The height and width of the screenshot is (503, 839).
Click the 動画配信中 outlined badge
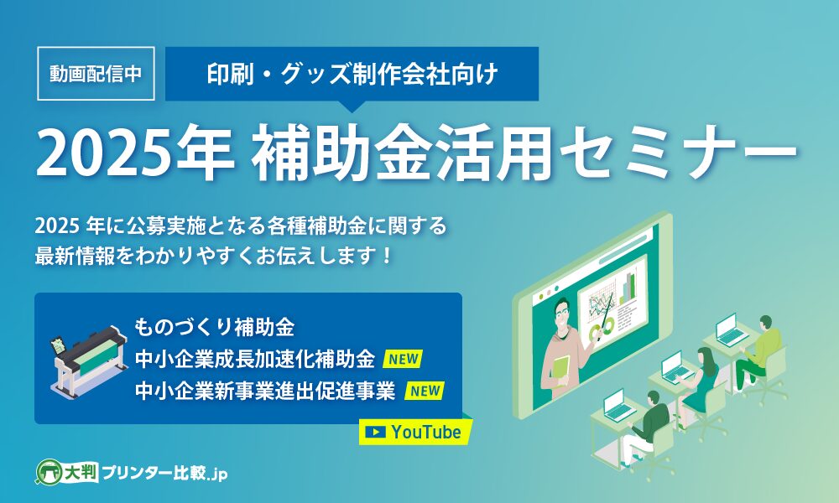[x=96, y=74]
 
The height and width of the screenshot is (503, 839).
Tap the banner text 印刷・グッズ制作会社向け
[x=352, y=74]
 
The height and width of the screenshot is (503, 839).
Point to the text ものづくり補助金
[x=214, y=327]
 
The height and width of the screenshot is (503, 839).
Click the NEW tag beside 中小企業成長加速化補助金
[x=403, y=359]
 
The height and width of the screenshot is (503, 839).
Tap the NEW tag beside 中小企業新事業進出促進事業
[x=425, y=391]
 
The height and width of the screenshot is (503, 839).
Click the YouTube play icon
[x=375, y=432]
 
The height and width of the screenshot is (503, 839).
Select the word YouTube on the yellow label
[x=426, y=432]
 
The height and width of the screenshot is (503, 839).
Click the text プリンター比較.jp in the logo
[x=164, y=473]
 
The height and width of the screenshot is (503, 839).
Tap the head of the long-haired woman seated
[x=705, y=357]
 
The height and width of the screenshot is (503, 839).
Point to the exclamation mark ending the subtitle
[x=388, y=256]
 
